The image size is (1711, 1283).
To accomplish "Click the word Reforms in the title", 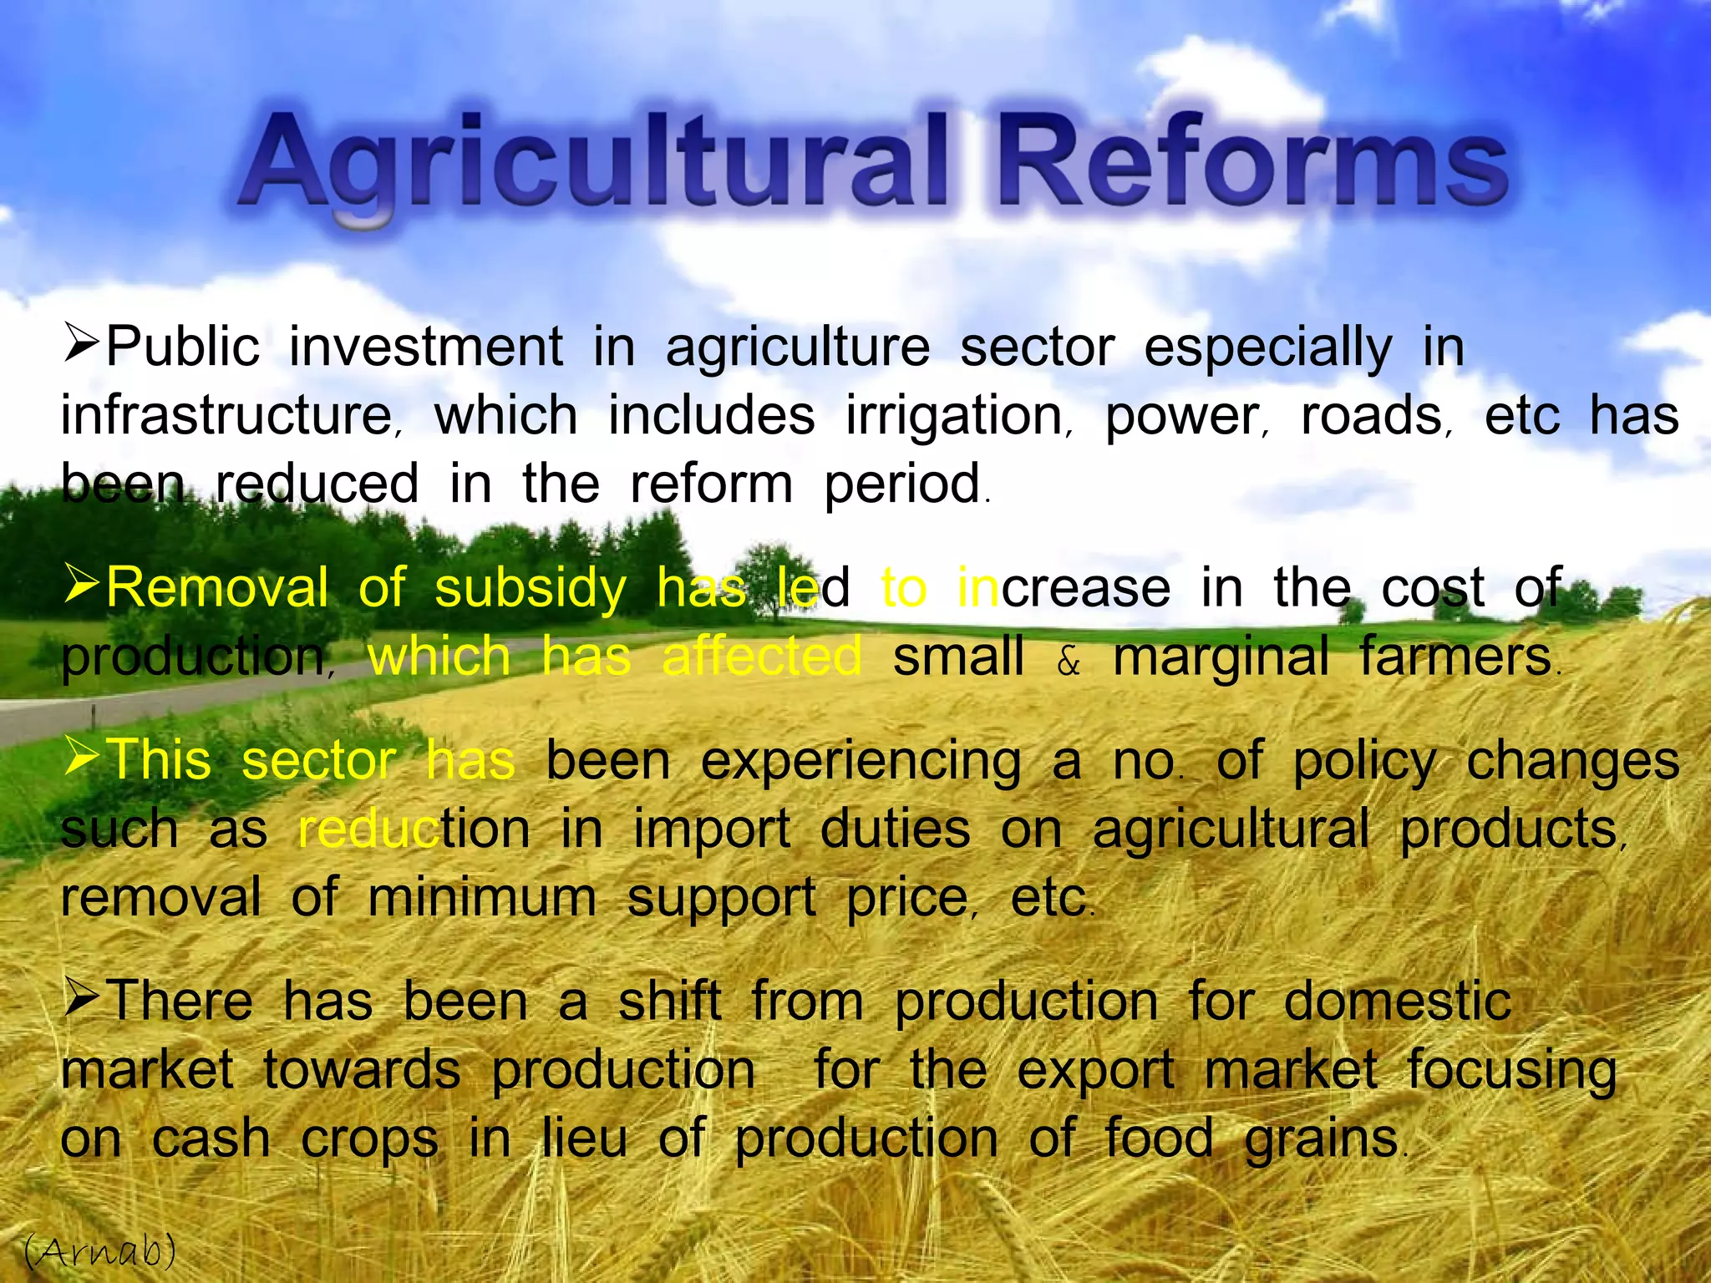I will click(1253, 163).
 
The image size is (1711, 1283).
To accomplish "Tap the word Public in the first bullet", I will click(182, 347).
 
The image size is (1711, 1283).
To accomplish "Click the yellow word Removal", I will click(217, 588).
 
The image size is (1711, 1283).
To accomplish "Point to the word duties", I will click(895, 829).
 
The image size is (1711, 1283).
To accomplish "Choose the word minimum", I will click(482, 898).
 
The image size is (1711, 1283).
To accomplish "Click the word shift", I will click(669, 1001).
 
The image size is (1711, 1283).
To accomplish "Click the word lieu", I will click(584, 1138).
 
